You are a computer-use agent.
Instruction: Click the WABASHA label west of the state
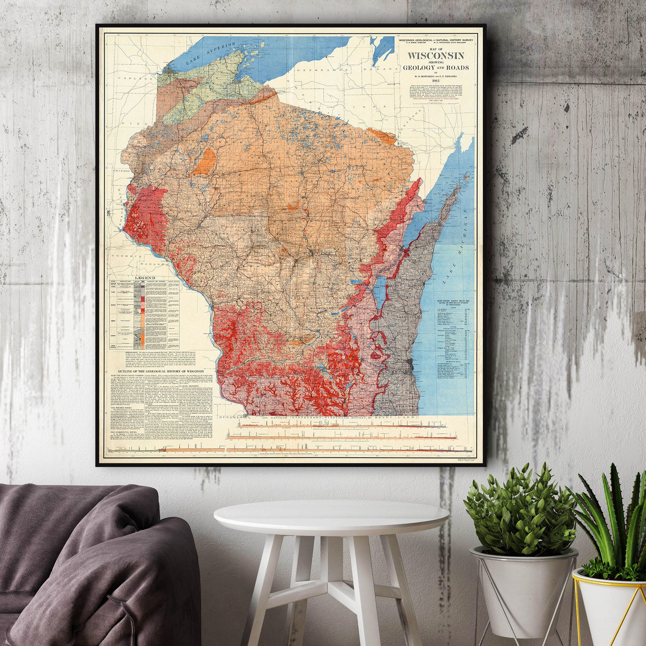click(x=150, y=264)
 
